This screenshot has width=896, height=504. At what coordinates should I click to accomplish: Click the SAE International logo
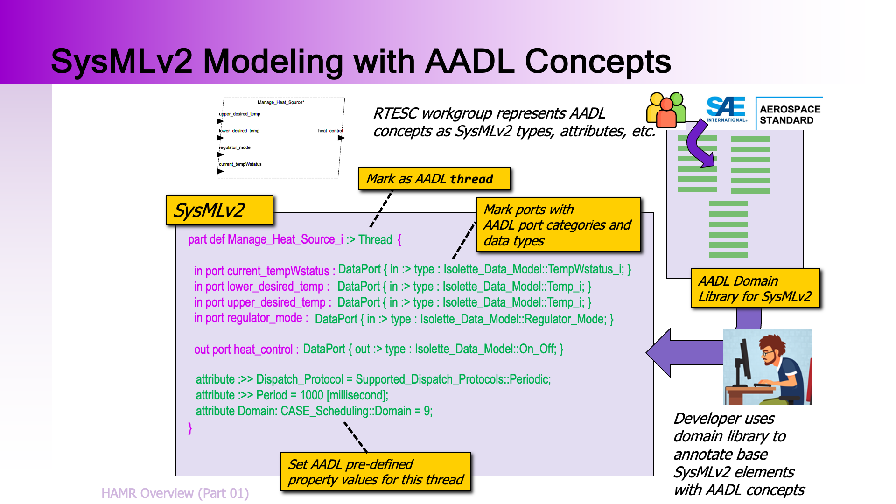click(727, 109)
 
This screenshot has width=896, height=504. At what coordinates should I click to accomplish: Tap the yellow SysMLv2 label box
click(219, 210)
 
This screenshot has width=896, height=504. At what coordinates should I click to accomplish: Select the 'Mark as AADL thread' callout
click(434, 179)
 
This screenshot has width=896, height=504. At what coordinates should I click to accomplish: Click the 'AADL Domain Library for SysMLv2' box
click(755, 288)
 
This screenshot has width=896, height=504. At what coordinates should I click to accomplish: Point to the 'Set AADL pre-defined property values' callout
click(376, 472)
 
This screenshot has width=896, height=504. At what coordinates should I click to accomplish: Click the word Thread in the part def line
click(375, 240)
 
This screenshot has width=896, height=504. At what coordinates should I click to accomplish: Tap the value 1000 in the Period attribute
click(312, 395)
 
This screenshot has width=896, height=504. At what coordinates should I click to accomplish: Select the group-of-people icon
click(666, 110)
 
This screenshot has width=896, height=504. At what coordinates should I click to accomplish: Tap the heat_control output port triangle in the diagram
click(341, 138)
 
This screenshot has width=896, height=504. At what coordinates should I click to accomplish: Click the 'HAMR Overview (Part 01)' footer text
click(175, 493)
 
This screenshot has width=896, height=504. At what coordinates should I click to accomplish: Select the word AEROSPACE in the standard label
click(790, 109)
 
